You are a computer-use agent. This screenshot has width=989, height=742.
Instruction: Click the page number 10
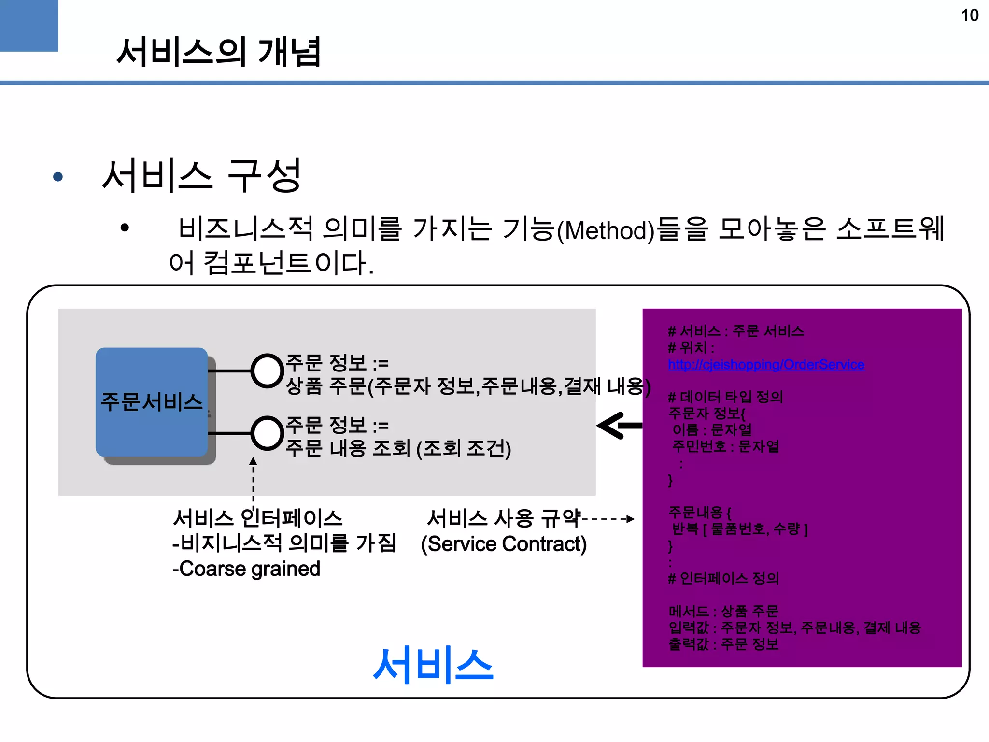click(969, 15)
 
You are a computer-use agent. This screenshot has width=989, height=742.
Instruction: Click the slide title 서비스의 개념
click(219, 52)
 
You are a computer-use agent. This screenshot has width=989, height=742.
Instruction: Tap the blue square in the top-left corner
click(28, 25)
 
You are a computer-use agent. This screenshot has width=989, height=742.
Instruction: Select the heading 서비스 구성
click(202, 176)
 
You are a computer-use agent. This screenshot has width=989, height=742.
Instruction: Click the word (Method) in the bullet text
click(606, 230)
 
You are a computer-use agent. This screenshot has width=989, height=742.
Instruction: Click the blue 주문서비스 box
click(152, 402)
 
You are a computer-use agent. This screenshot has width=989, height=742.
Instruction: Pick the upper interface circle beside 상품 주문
click(267, 371)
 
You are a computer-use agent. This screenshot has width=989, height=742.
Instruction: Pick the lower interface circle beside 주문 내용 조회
click(267, 433)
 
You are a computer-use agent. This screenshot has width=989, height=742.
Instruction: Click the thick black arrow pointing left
click(620, 426)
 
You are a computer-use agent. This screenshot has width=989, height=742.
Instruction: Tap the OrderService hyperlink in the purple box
click(766, 365)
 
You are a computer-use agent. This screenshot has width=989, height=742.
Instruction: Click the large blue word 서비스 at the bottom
click(433, 665)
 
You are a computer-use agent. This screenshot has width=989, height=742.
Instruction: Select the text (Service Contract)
click(504, 544)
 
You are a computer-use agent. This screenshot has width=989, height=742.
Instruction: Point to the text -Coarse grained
click(246, 569)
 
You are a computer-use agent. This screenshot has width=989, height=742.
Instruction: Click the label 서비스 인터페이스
click(258, 518)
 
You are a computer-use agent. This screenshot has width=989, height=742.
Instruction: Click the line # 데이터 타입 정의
click(725, 397)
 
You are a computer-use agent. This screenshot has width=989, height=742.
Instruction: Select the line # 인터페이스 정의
click(723, 578)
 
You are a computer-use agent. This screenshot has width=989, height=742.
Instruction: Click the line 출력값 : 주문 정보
click(723, 644)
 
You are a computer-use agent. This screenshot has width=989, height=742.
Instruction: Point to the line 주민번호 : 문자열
click(725, 446)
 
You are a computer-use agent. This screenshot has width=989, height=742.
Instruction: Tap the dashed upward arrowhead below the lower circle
click(253, 461)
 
